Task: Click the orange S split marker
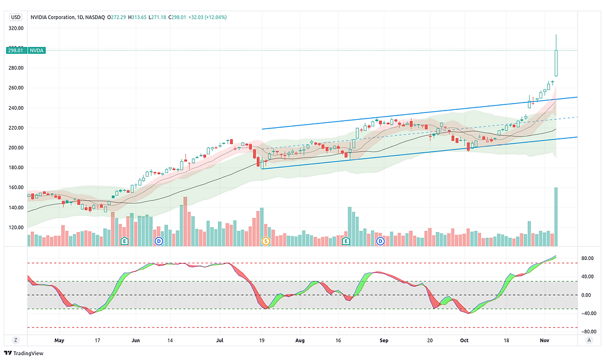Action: point(266,241)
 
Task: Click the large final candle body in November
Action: point(556,64)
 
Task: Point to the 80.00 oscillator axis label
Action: point(586,258)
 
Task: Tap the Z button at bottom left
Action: point(15,340)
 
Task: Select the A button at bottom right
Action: point(590,340)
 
